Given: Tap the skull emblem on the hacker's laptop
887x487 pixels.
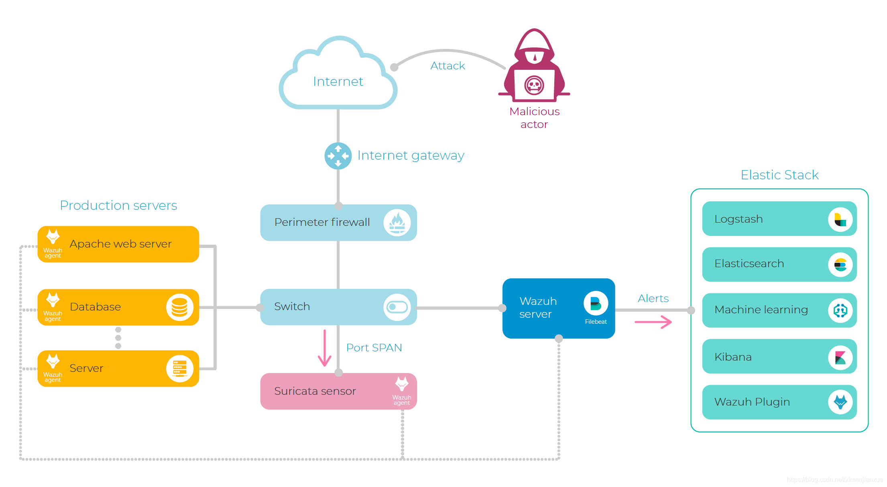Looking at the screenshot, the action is (534, 85).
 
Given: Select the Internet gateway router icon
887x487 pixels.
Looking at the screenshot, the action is (338, 156).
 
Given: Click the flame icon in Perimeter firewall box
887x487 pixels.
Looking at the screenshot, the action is (397, 223).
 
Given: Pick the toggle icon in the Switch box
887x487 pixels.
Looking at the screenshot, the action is (397, 307).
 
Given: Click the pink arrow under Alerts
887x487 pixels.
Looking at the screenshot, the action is (653, 322).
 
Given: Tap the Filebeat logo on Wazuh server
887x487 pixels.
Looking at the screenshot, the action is (596, 303).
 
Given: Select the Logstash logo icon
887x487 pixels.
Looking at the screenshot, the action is (840, 219).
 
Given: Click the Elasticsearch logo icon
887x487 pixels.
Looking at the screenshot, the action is (840, 265).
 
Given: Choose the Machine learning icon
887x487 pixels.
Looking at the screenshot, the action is (840, 310).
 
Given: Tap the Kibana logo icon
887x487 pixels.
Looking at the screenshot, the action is (840, 357).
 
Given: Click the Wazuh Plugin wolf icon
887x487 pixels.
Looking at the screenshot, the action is (840, 402).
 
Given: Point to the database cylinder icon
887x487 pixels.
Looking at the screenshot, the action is (179, 307).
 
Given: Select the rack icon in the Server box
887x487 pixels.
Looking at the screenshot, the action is (179, 369).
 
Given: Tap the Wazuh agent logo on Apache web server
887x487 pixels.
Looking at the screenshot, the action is (53, 244).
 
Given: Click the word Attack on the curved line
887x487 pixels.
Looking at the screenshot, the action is (448, 66).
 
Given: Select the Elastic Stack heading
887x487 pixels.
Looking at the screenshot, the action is (779, 175).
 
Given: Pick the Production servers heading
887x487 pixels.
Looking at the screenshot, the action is (118, 205).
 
